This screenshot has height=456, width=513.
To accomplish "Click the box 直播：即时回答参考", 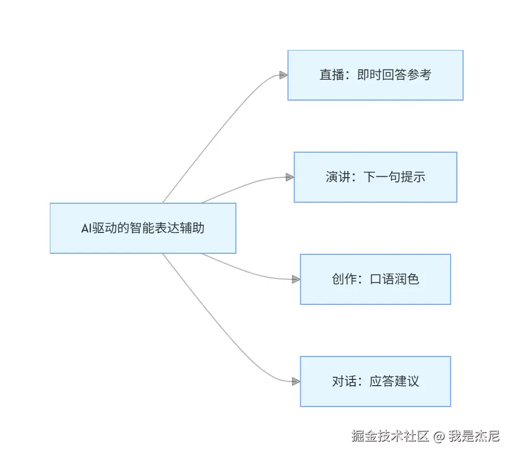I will pyautogui.click(x=375, y=75).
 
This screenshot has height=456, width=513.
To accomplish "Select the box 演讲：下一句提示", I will pyautogui.click(x=375, y=177).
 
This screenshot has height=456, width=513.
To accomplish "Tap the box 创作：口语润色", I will pyautogui.click(x=375, y=279).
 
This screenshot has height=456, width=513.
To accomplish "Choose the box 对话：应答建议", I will pyautogui.click(x=375, y=381).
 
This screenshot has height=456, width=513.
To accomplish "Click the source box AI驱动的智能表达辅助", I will pyautogui.click(x=143, y=228).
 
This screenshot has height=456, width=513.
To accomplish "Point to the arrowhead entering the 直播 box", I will pyautogui.click(x=283, y=75).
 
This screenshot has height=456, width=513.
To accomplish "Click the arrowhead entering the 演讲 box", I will pyautogui.click(x=289, y=177).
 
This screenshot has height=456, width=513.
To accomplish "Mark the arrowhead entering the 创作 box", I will pyautogui.click(x=296, y=279).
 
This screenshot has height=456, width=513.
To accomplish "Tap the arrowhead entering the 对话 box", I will pyautogui.click(x=296, y=381).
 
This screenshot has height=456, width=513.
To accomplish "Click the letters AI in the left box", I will pyautogui.click(x=87, y=228).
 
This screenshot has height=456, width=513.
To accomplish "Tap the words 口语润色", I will pyautogui.click(x=394, y=279).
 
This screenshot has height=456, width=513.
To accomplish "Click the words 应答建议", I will pyautogui.click(x=394, y=381).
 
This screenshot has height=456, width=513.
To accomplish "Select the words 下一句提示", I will pyautogui.click(x=394, y=177).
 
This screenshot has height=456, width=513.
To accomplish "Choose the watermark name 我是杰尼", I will pyautogui.click(x=474, y=436).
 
